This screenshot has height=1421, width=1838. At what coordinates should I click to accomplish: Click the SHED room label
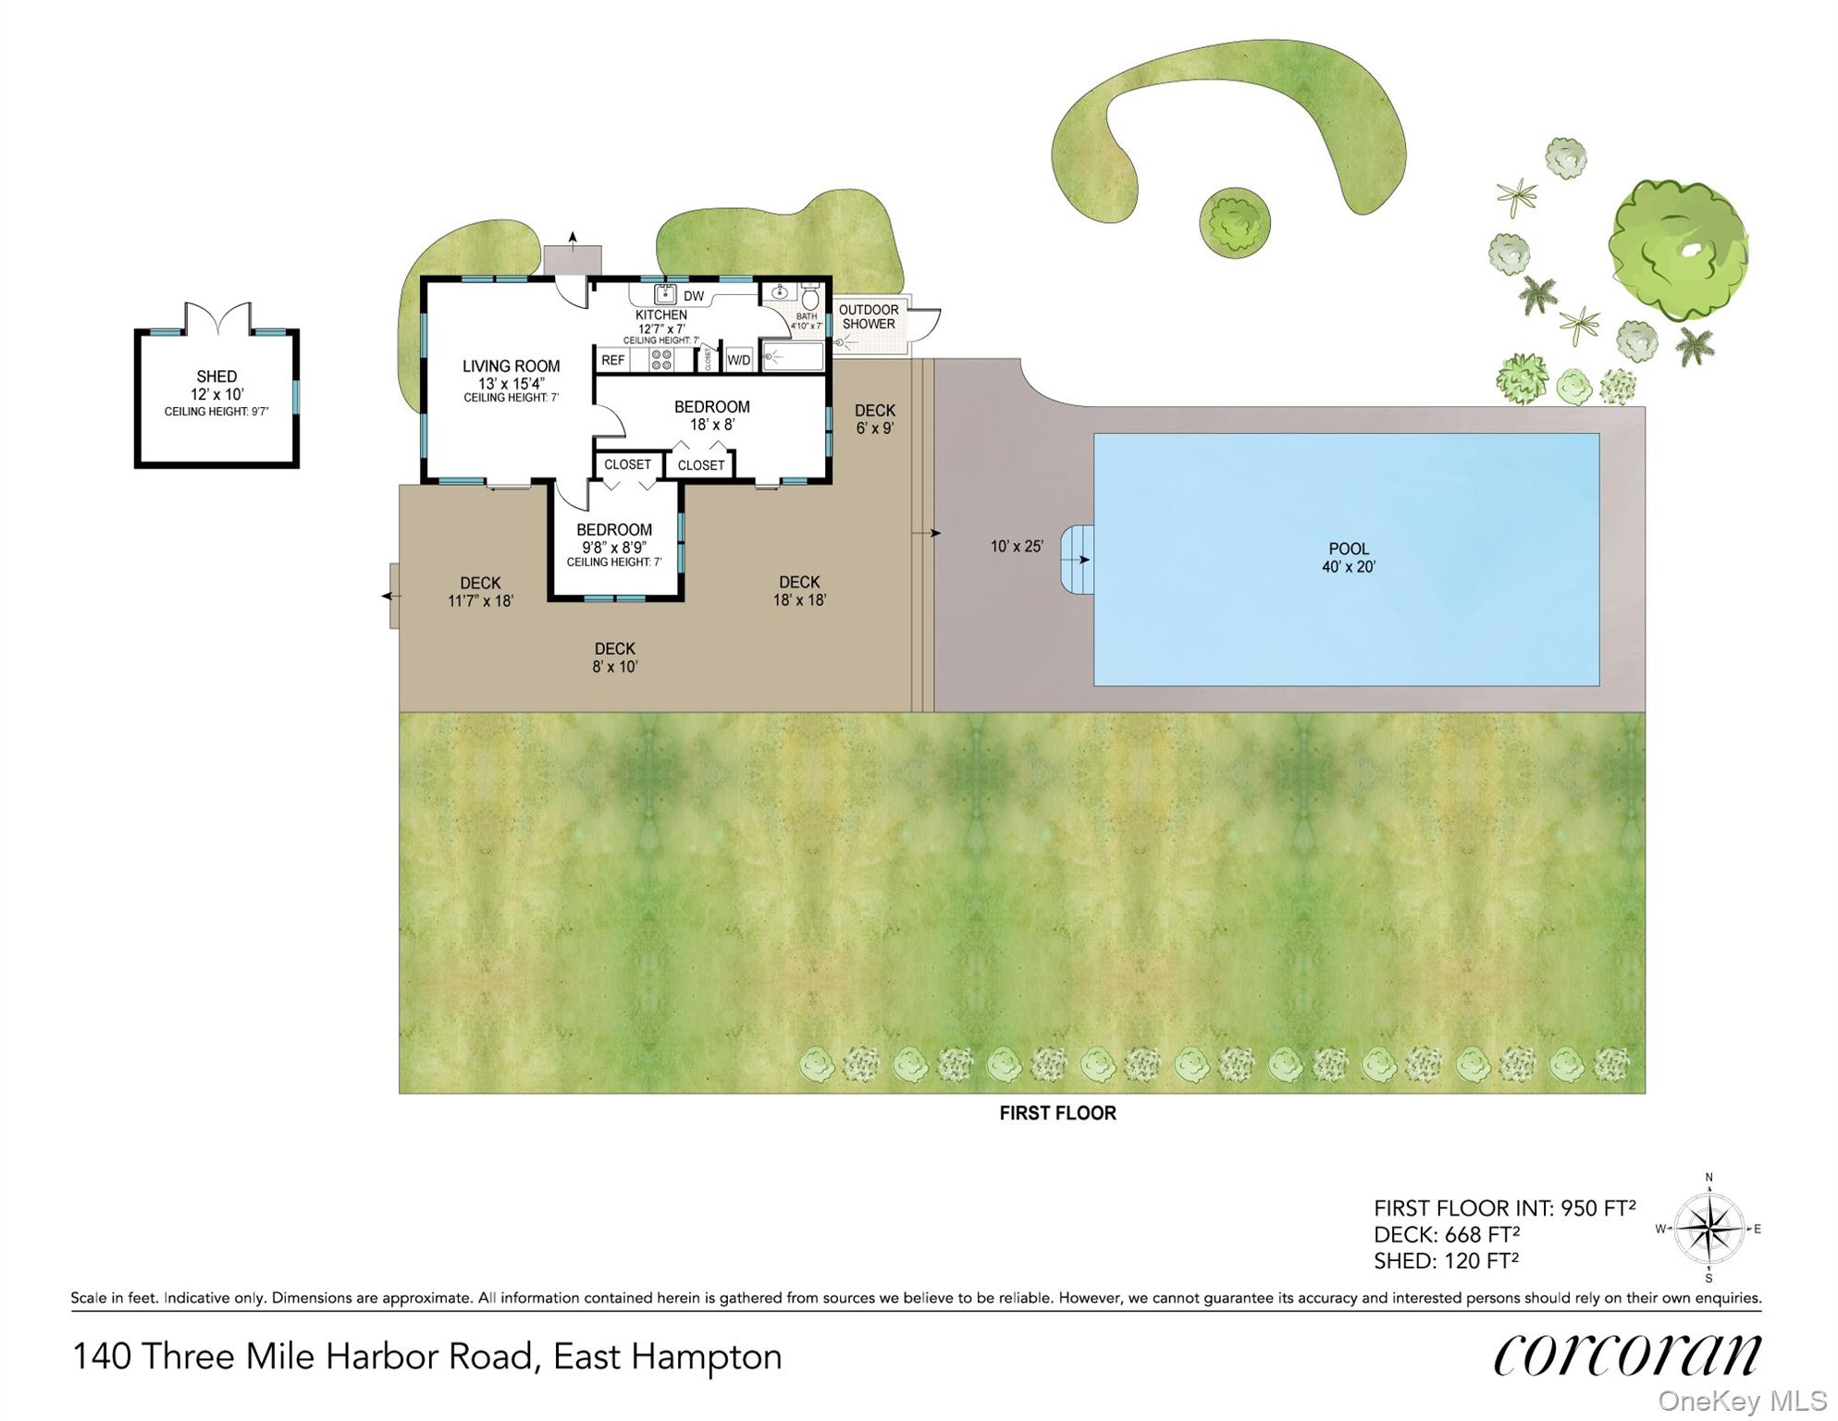pos(216,377)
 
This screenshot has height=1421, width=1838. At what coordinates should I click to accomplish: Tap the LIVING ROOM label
pos(511,366)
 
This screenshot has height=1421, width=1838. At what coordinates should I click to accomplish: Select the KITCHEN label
pos(660,315)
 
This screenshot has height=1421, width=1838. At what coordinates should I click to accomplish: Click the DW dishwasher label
pos(693,297)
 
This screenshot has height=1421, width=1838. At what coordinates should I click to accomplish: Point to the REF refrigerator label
pos(613,360)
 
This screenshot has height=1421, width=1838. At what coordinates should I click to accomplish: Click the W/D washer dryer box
pos(739,359)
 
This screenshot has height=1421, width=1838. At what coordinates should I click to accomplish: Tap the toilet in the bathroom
pos(810,298)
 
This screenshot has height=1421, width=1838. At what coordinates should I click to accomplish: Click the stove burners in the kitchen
pos(660,360)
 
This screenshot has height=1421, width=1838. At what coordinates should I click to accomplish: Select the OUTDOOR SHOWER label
pos(869,316)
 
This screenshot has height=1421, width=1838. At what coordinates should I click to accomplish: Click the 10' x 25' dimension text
pos(1017,547)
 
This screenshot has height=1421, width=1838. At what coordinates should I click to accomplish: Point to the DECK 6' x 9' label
pos(874,419)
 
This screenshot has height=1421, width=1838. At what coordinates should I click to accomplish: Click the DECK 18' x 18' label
pos(799,590)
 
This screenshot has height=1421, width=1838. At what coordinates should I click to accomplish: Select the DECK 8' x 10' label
pos(614,657)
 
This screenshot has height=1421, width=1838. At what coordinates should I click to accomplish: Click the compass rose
pos(1709,1229)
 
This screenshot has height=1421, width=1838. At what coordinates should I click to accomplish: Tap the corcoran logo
pos(1627,1354)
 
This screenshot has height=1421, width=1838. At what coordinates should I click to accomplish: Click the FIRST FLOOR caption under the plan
pos(1057,1113)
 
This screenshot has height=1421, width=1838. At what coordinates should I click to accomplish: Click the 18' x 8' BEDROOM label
pos(711,415)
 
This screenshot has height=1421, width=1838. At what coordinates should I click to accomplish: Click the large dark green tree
pos(1678,250)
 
